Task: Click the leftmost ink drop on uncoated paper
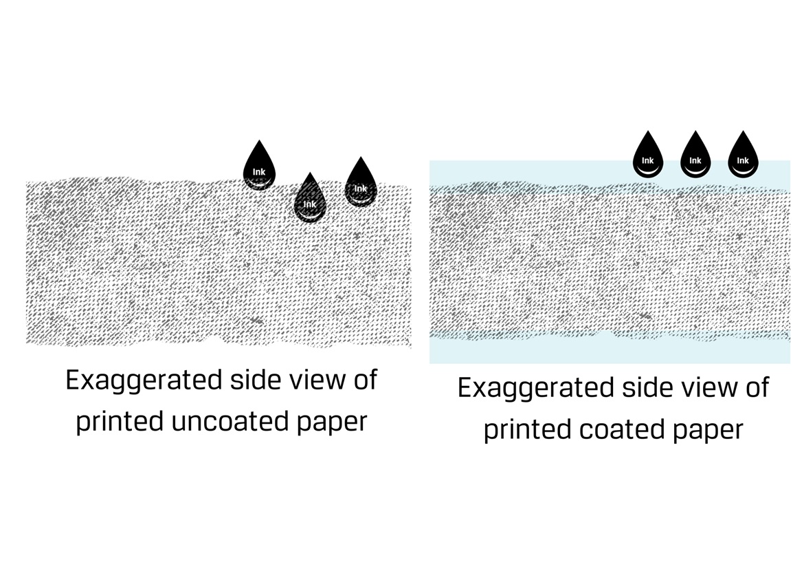(x=258, y=169)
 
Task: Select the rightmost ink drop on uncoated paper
(x=360, y=184)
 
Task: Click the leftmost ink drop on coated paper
(x=647, y=158)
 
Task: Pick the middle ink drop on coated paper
(x=695, y=158)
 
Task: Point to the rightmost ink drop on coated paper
(x=743, y=158)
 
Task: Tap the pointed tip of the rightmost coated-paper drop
(x=743, y=133)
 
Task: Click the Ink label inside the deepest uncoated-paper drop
(x=310, y=204)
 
